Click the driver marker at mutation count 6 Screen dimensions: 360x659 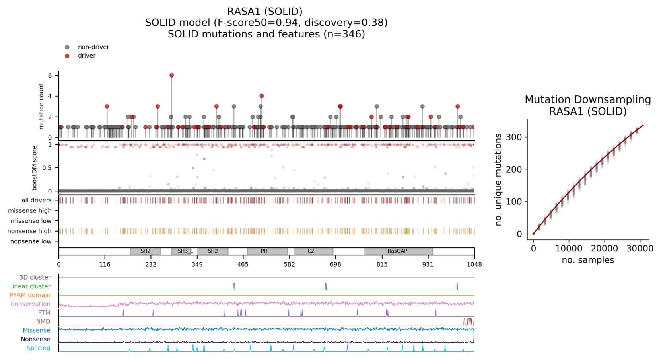click(x=171, y=75)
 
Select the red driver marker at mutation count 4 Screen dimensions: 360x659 click(x=262, y=96)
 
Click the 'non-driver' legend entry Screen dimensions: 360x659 click(x=93, y=47)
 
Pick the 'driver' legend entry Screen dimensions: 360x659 click(x=86, y=56)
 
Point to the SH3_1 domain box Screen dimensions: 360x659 click(x=185, y=251)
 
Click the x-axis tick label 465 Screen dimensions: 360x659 click(x=243, y=264)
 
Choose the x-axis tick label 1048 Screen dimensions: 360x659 click(x=474, y=264)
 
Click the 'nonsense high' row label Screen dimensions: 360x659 click(x=29, y=231)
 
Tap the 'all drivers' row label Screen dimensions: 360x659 click(x=36, y=200)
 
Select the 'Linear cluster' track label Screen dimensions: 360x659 click(x=30, y=286)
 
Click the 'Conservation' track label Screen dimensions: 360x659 click(x=31, y=304)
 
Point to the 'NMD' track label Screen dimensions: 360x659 click(x=43, y=321)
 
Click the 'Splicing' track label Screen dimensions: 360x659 click(x=39, y=348)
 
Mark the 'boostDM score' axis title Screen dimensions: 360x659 click(x=35, y=168)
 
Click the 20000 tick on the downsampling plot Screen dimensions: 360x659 click(x=604, y=249)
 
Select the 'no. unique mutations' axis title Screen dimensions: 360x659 click(x=498, y=180)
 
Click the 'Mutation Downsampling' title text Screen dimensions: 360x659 click(x=588, y=99)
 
